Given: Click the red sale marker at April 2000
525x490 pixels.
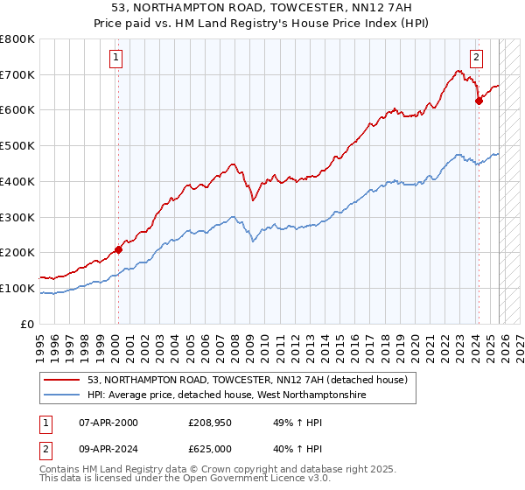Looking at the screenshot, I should [x=119, y=249].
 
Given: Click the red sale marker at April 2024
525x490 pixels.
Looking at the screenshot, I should [x=479, y=101].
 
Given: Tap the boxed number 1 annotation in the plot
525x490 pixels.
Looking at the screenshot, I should [x=116, y=59].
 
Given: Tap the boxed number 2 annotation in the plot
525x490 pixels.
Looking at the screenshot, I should [x=476, y=59].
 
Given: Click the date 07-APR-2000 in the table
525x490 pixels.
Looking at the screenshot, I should [x=108, y=423].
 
